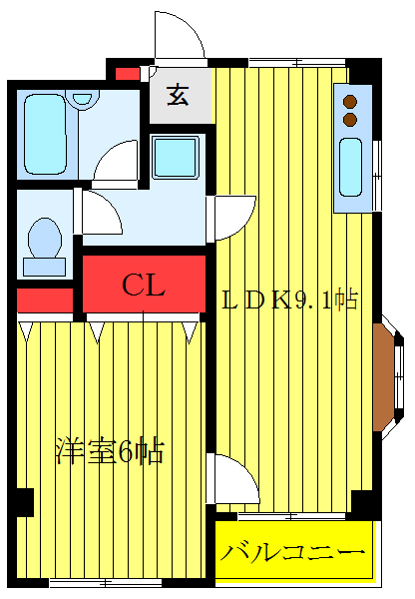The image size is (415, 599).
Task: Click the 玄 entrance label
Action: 179,97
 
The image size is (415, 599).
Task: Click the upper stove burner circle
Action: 350,101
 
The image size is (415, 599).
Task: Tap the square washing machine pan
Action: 176,156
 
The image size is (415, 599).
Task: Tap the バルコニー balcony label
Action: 293,550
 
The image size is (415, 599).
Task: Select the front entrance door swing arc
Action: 180,40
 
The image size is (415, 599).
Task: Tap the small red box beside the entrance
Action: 127,73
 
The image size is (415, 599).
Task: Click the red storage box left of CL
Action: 45,299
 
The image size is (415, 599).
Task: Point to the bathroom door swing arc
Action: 118,160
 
